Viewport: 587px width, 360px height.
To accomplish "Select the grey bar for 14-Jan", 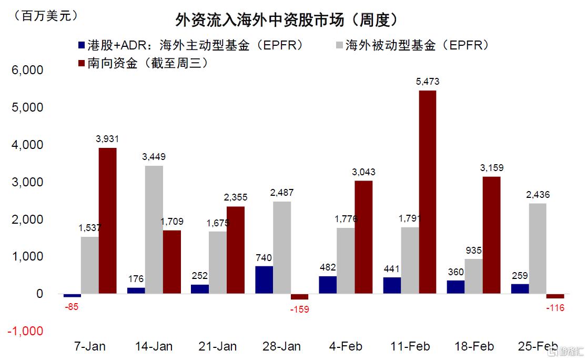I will click(154, 229).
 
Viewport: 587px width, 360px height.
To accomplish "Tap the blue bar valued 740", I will click(264, 279).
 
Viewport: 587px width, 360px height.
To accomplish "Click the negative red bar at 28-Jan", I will click(299, 296).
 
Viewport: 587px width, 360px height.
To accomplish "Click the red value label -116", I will click(555, 308).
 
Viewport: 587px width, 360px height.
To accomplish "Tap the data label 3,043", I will click(363, 172).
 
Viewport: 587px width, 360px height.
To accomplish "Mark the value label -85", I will click(72, 307).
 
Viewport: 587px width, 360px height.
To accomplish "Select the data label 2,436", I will click(538, 195).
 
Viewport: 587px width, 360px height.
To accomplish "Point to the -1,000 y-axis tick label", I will click(25, 331).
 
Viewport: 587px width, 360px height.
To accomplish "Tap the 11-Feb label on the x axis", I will click(410, 346).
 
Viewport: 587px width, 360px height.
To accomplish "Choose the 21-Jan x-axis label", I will click(217, 346).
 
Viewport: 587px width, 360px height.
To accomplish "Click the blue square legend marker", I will click(80, 45).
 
